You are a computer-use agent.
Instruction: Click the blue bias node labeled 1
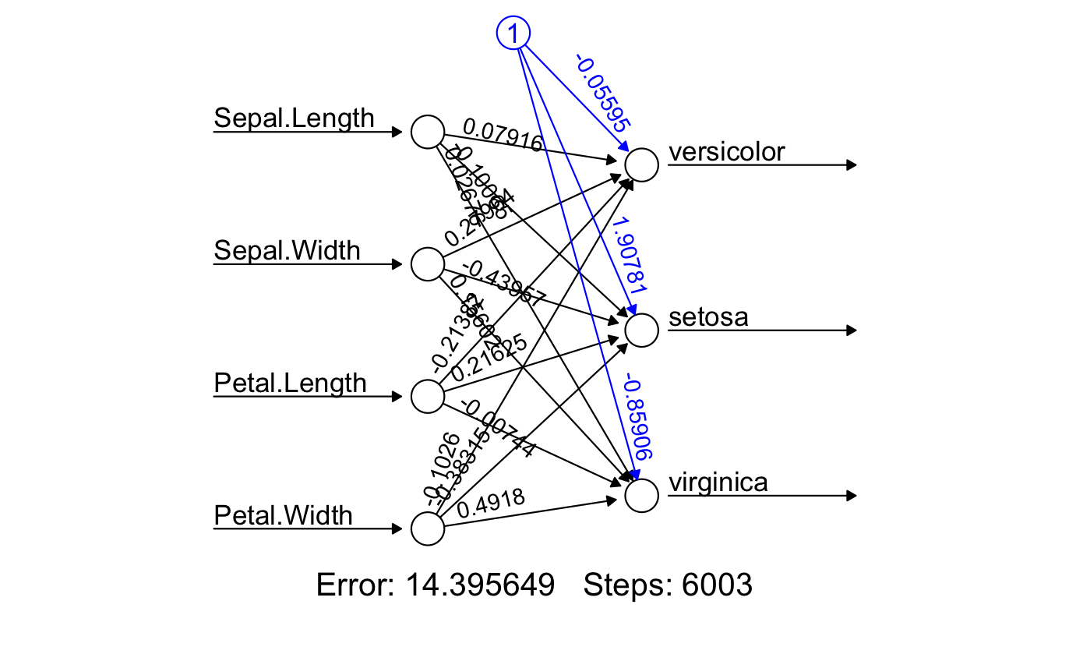point(513,33)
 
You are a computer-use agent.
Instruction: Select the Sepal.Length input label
point(294,118)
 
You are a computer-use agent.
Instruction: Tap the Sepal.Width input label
point(287,251)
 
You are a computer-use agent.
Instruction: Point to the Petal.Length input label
point(290,384)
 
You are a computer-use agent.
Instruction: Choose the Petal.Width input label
point(283,516)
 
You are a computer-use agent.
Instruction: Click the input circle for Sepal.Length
point(427,132)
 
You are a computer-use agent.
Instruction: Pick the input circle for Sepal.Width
point(427,263)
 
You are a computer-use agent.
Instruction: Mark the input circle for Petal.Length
point(427,396)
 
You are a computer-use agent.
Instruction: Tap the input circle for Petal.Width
point(427,528)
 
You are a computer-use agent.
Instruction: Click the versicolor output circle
point(642,165)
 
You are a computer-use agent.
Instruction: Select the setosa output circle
point(642,330)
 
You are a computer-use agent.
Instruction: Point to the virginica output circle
point(642,496)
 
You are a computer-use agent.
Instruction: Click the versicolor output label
point(726,152)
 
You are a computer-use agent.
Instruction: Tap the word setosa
point(708,318)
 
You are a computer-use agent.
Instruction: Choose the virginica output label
point(718,483)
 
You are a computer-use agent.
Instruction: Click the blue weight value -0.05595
point(603,91)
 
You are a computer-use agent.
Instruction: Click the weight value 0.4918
point(490,504)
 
